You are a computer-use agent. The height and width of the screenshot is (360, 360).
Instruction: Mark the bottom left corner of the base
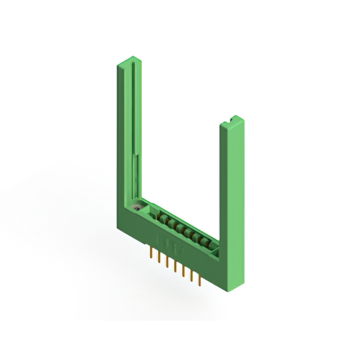(x=118, y=227)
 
